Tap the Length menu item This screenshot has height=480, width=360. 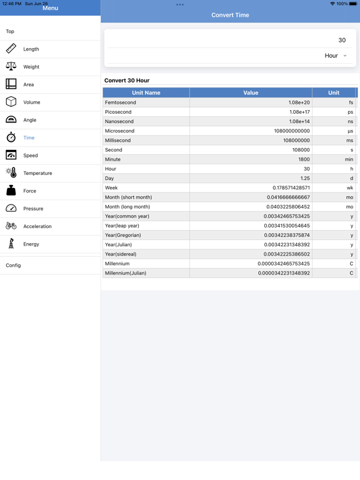[31, 49]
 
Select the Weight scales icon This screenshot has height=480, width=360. [11, 66]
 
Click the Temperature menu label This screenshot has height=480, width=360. [37, 173]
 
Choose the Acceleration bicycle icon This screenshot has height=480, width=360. [11, 226]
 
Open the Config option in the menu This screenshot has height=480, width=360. [13, 266]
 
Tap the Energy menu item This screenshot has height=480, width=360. [31, 244]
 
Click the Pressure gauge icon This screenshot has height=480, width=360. [11, 209]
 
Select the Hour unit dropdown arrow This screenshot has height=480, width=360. [345, 56]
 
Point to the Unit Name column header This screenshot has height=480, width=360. [146, 92]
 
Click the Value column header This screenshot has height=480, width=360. [251, 92]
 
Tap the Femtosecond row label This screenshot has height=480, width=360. [121, 102]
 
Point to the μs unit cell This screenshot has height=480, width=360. [350, 131]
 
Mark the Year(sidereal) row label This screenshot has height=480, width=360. [121, 254]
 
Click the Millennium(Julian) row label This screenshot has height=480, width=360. [126, 273]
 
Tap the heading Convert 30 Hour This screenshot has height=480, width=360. [127, 81]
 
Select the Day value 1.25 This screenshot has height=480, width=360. [305, 178]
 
